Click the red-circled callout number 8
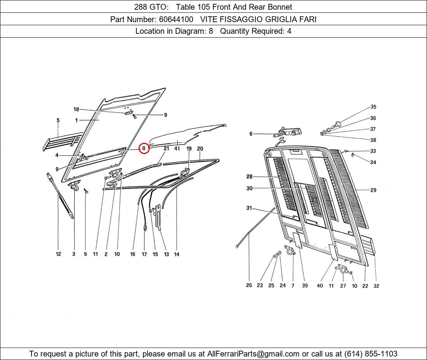tap(144, 148)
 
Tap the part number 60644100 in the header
tap(176, 19)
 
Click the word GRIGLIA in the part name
tap(281, 19)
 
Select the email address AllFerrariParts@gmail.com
tap(253, 354)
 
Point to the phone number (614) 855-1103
tap(371, 354)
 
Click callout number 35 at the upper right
tap(373, 107)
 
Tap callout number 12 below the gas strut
tap(58, 254)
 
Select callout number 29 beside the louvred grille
tap(373, 190)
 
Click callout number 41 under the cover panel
tap(177, 149)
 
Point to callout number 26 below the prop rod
tap(249, 285)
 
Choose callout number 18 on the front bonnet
tap(76, 109)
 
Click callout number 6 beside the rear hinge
tap(251, 133)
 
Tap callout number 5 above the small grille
tap(58, 120)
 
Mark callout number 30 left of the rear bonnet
tap(250, 188)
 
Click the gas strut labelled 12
tap(60, 196)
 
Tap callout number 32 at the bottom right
tap(376, 286)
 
